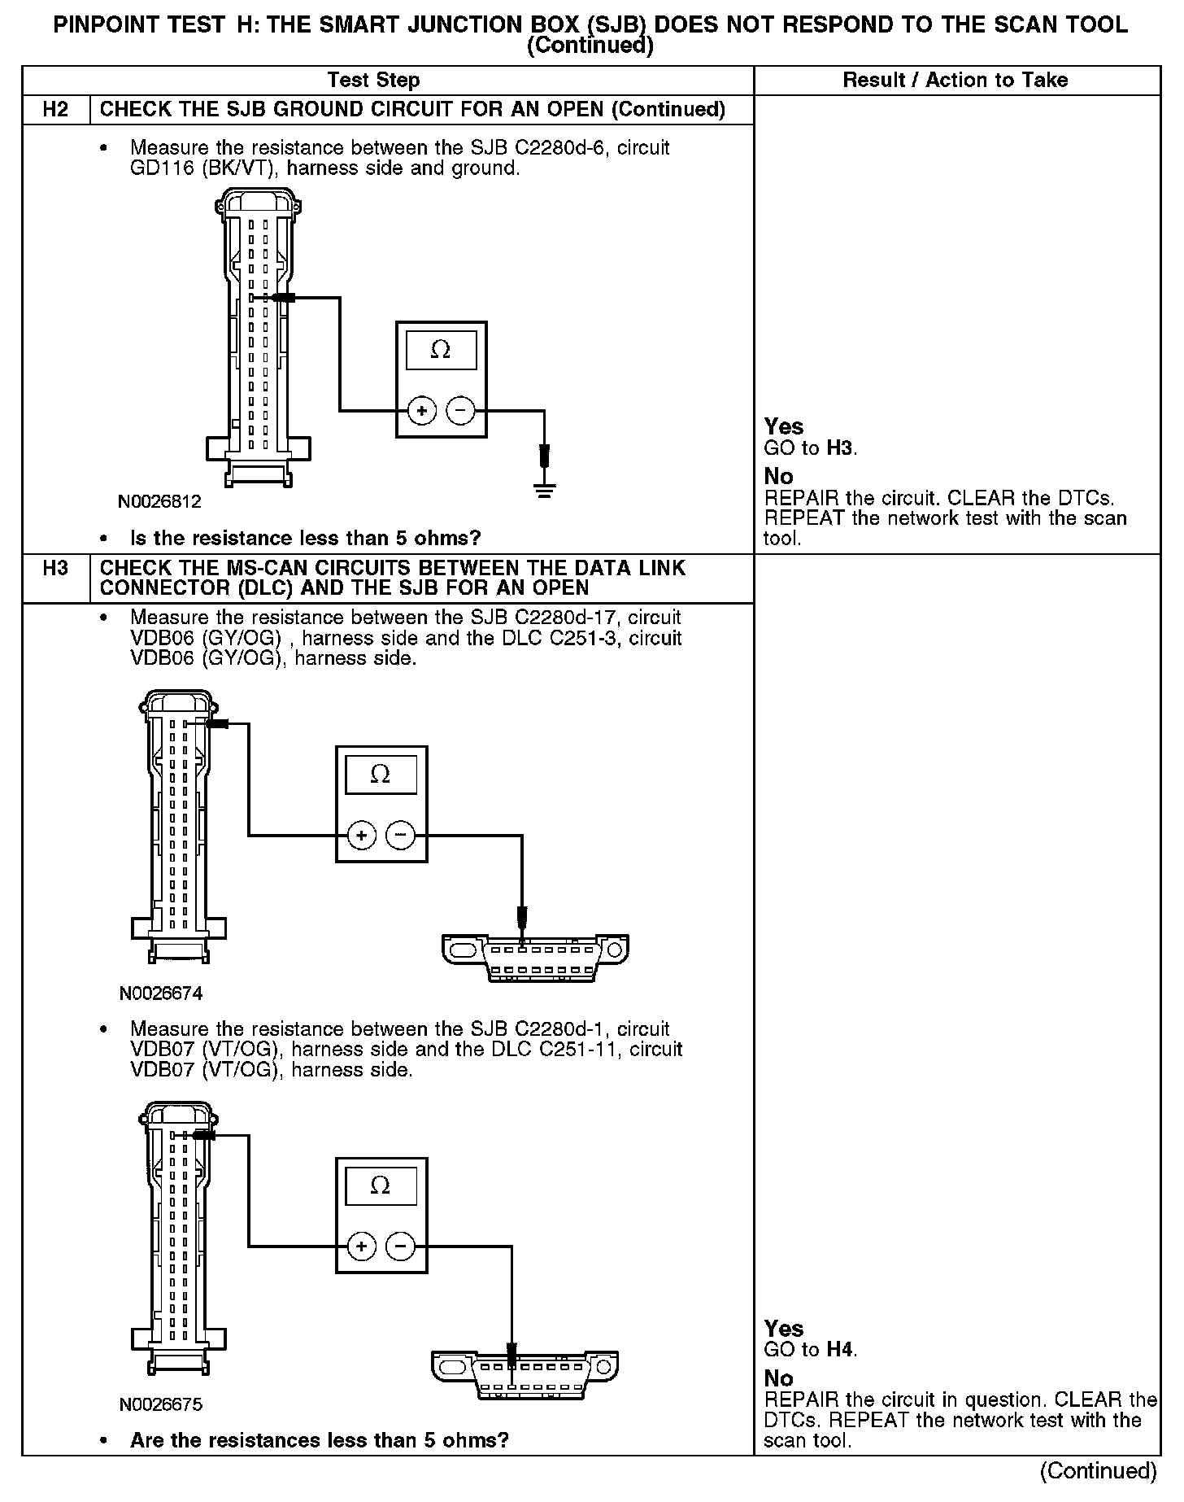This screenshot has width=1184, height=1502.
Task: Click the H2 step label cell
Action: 55,109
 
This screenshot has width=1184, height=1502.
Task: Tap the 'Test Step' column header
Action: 373,80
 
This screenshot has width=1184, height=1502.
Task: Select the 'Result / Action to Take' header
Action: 955,80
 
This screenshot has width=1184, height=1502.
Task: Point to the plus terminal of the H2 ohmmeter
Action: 421,411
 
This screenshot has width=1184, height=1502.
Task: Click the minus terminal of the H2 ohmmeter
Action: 461,411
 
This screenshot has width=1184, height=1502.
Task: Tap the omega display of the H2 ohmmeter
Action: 441,350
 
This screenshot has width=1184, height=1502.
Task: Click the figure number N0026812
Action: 159,501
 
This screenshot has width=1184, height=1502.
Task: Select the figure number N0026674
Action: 160,993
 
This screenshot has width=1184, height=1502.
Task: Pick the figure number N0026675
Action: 160,1404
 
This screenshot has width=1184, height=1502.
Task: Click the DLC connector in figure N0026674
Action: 535,958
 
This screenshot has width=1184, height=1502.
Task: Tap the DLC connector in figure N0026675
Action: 524,1374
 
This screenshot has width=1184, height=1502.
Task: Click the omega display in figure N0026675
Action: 381,1185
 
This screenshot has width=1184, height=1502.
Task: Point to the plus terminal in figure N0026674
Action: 361,835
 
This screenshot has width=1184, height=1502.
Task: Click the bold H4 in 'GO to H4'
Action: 840,1350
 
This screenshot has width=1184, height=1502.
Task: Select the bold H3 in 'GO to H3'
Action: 840,448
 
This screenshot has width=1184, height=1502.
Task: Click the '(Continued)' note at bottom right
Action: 1098,1471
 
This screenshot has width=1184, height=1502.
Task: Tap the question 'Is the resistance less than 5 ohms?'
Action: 305,538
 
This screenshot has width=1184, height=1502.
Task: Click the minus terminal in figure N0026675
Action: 400,1246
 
